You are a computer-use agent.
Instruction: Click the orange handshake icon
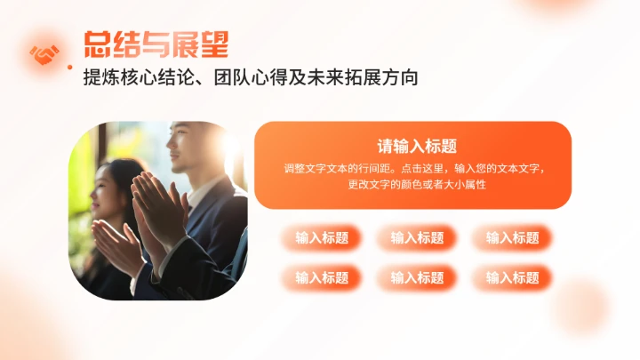point(44,55)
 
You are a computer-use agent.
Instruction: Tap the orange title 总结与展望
point(156,44)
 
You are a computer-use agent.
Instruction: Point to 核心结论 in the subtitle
point(160,78)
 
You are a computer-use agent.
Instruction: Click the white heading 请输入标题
point(412,147)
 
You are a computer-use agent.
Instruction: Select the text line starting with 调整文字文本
point(412,168)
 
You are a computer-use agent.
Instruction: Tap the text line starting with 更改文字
point(412,185)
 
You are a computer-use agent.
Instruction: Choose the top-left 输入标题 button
point(322,237)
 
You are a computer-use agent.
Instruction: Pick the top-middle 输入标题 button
point(417,237)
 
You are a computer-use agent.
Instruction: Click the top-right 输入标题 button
point(512,237)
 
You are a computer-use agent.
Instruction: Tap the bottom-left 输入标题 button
point(322,278)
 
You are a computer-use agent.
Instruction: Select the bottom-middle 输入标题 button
point(417,278)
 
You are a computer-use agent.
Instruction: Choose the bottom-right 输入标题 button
point(512,278)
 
